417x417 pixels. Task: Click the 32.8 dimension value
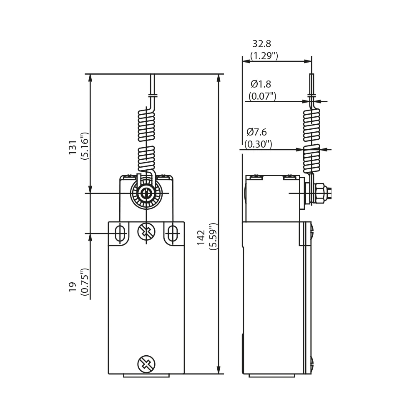(262, 44)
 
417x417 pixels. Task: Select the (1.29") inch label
(264, 56)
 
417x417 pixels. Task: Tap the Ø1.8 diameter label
(261, 84)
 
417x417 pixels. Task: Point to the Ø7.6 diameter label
(256, 132)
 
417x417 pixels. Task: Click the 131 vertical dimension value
(73, 147)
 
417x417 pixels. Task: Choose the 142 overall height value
(201, 238)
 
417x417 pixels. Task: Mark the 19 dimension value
(73, 287)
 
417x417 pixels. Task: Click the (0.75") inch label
(85, 282)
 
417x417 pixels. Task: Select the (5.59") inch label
(213, 236)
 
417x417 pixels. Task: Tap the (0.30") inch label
(258, 144)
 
